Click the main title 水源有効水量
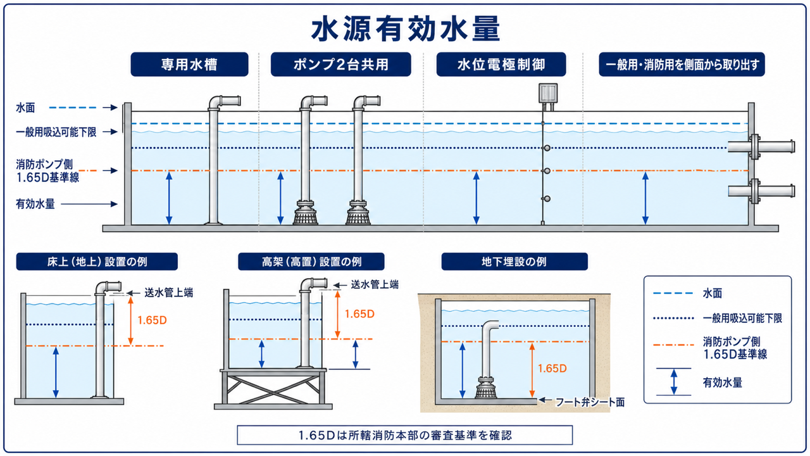406,29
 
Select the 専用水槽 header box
189,65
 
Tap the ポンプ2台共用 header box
340,65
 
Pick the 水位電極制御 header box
501,65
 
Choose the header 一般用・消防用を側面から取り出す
682,65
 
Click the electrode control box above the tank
548,93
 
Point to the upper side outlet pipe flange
754,146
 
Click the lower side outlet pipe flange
754,191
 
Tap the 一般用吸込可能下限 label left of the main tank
56,132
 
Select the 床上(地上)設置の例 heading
97,262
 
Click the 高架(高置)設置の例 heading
311,262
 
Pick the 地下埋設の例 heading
514,262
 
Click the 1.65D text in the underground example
552,369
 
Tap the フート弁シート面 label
590,402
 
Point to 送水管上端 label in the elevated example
375,285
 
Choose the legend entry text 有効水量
723,383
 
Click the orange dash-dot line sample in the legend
673,345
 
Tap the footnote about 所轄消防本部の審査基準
405,435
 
